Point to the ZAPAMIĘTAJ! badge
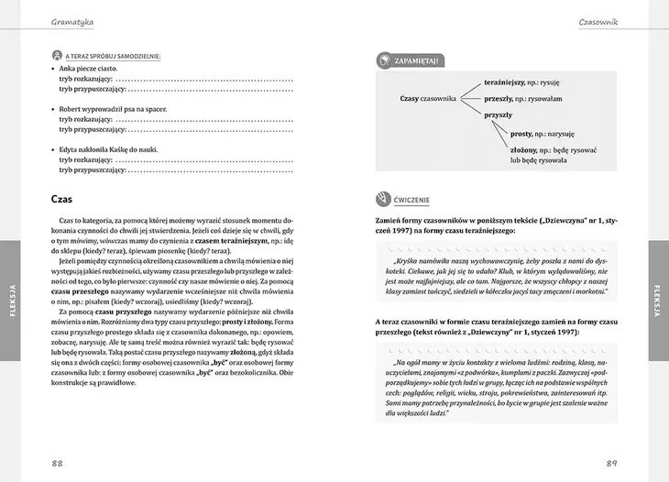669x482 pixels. click(411, 61)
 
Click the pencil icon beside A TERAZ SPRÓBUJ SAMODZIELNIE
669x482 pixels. click(56, 56)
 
